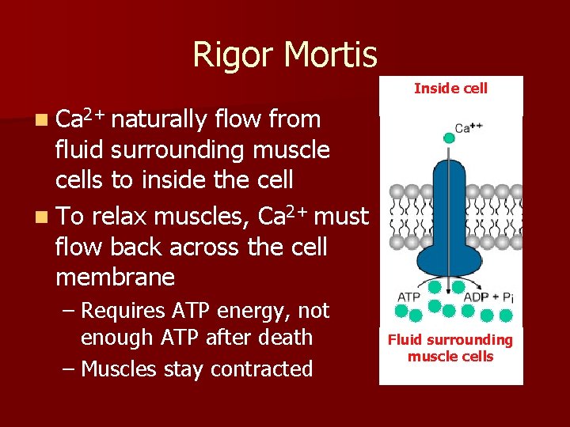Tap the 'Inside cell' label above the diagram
coord(450,89)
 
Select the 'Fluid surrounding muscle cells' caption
coord(450,348)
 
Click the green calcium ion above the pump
coord(450,138)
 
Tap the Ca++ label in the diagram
coord(469,127)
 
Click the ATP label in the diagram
coord(408,297)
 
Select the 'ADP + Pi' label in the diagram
coord(488,297)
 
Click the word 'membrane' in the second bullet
coord(115,277)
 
